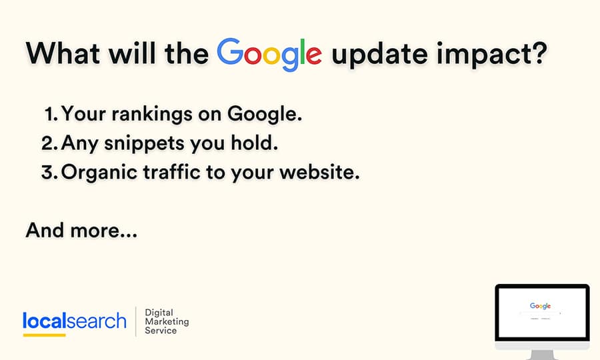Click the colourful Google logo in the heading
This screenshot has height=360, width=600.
coord(269,54)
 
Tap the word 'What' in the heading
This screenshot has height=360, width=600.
coord(63,53)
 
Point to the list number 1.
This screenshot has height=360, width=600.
coord(51,114)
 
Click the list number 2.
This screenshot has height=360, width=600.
coord(50,143)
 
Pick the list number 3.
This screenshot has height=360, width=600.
coord(50,172)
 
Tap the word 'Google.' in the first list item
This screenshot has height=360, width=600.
coord(265,115)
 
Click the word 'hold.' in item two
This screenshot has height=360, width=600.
coord(255,143)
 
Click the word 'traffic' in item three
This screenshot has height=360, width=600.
coord(172,172)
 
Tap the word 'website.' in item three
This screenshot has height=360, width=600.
coord(319,172)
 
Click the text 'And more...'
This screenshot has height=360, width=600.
coord(81,230)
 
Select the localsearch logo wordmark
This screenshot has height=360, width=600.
coord(75,321)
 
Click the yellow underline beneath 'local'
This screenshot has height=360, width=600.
coord(45,335)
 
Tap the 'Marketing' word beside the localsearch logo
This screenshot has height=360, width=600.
coord(167,321)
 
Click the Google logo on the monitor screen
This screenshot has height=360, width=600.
coord(540,306)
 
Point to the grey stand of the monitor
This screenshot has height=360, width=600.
coord(542,355)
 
